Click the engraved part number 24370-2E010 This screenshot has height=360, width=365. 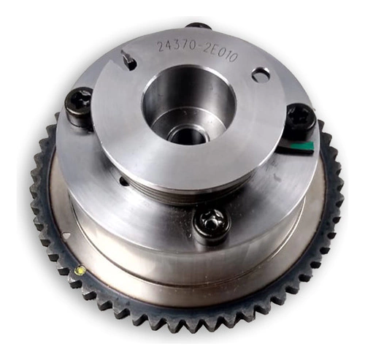tap(197, 51)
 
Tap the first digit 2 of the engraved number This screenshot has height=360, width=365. tap(161, 46)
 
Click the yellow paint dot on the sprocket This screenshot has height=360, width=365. tap(80, 270)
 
